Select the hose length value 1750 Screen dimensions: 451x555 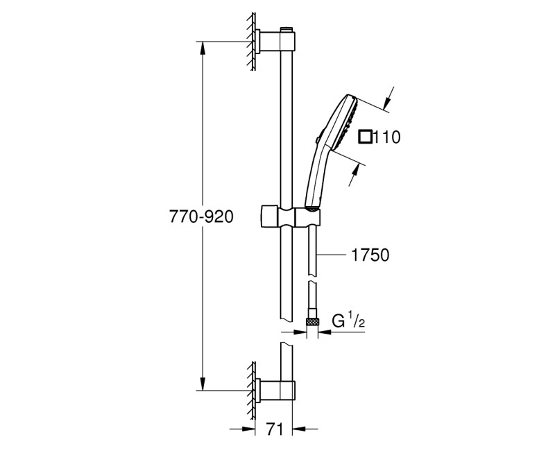[369, 255]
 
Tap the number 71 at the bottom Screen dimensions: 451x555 [275, 429]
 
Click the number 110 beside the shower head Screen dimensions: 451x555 [386, 137]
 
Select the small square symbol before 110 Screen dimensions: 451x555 [364, 136]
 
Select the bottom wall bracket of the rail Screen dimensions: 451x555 [266, 392]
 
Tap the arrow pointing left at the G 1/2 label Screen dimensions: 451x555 [326, 332]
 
